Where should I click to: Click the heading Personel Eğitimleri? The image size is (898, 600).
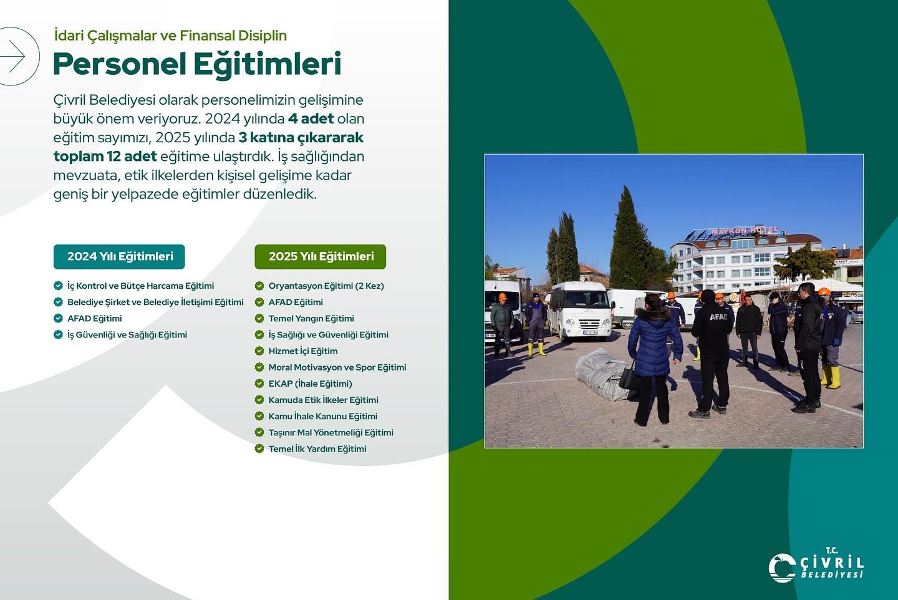pos(197,64)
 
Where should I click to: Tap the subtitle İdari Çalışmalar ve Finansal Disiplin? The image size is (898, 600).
pos(170,36)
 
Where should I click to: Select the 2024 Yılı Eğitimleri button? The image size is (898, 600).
pos(119,256)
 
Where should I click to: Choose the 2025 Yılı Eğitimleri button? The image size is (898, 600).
pos(321,256)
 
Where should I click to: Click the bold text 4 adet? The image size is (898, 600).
pos(311,119)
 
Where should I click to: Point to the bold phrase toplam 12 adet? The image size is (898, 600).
pos(105,157)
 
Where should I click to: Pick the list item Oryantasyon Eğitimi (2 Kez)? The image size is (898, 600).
pos(326,286)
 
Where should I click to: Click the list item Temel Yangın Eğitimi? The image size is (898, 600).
pos(311,318)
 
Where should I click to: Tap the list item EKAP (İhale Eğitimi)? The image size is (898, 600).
pos(310,384)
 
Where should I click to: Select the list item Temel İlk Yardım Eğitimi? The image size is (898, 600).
pos(317,448)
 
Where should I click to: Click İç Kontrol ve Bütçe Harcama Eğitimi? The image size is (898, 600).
pos(140,286)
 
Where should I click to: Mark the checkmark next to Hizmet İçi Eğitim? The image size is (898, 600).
pos(259,351)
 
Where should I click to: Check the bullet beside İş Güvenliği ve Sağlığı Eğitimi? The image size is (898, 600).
pos(58,335)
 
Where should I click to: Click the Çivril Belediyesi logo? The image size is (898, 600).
pos(816,565)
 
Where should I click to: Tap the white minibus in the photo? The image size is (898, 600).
pos(579,311)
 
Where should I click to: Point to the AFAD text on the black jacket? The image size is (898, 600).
pos(718,317)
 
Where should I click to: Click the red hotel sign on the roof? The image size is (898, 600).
pos(745,231)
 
